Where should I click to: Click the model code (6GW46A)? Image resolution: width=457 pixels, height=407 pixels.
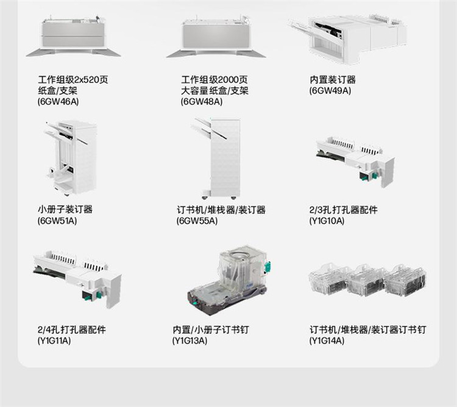(x=58, y=102)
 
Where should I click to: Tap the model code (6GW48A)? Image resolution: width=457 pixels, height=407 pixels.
(x=202, y=102)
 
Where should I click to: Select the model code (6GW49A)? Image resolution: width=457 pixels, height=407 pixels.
(x=330, y=91)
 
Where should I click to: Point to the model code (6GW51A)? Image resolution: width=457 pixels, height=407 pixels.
(x=57, y=221)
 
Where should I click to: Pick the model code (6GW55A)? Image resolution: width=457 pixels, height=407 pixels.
(x=197, y=221)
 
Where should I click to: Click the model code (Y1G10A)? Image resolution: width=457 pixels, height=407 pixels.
(x=327, y=221)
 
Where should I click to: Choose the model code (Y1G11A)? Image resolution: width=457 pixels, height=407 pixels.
(x=54, y=340)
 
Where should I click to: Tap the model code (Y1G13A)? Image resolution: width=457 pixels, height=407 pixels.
(x=190, y=340)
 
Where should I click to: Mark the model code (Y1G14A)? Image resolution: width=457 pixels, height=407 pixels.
(x=327, y=340)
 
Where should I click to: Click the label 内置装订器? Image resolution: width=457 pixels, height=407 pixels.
(x=333, y=80)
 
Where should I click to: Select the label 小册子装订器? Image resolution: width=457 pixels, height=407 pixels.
(x=65, y=209)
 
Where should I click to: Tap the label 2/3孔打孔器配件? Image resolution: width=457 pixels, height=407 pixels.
(x=343, y=210)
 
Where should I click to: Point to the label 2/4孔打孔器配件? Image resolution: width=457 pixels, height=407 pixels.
(x=72, y=330)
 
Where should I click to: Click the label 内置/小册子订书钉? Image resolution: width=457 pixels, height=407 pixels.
(x=211, y=330)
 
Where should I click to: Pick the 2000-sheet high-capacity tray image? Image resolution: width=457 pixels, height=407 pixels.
(x=216, y=37)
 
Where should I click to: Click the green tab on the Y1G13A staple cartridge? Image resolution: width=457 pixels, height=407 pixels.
(x=267, y=267)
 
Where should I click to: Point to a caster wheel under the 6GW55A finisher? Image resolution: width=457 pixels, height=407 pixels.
(x=233, y=198)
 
